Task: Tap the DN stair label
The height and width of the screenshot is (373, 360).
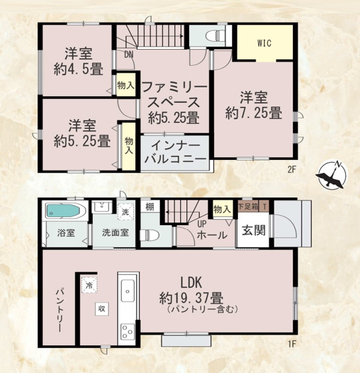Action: pos(128,56)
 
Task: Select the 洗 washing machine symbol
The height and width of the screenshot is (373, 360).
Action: pos(125,211)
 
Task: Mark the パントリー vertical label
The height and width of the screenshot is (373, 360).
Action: pos(59,310)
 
